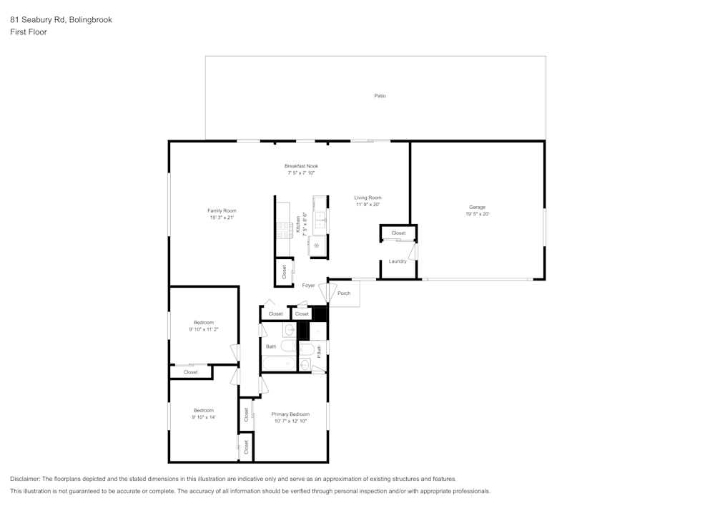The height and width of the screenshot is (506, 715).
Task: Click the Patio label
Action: pos(380,96)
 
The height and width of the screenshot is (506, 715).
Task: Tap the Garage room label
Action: pos(477,207)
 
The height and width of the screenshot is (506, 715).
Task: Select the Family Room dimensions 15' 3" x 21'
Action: pos(222,218)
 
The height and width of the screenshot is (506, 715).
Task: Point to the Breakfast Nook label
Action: pos(301,166)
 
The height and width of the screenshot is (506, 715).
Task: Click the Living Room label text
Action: pos(368,198)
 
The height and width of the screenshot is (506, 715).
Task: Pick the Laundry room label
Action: pos(398,261)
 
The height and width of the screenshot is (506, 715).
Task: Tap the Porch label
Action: pos(344,293)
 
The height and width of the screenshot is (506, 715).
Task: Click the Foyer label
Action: pos(308,286)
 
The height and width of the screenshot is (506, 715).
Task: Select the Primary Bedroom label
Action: pos(290,414)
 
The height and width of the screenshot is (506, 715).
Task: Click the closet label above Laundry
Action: pos(398,233)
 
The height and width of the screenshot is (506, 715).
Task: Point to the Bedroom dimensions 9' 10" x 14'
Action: pos(204,417)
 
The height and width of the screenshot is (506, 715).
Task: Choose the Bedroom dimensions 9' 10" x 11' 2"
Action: pos(204,329)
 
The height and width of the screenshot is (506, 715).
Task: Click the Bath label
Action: pos(271,347)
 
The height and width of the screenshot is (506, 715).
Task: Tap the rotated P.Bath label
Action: pos(319,351)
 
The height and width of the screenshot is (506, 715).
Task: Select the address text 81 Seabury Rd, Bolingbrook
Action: pos(61,20)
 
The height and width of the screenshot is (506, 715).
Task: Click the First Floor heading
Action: pos(29,32)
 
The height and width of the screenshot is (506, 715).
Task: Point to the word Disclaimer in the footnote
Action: pos(25,479)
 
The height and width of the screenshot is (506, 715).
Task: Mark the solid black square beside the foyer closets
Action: pos(320,313)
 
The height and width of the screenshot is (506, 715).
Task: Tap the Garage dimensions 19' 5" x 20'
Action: pos(477,214)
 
